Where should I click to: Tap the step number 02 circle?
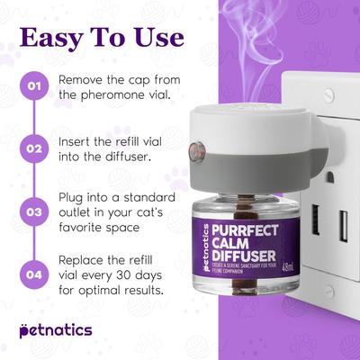pos(34,148)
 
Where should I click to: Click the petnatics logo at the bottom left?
pos(55,330)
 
